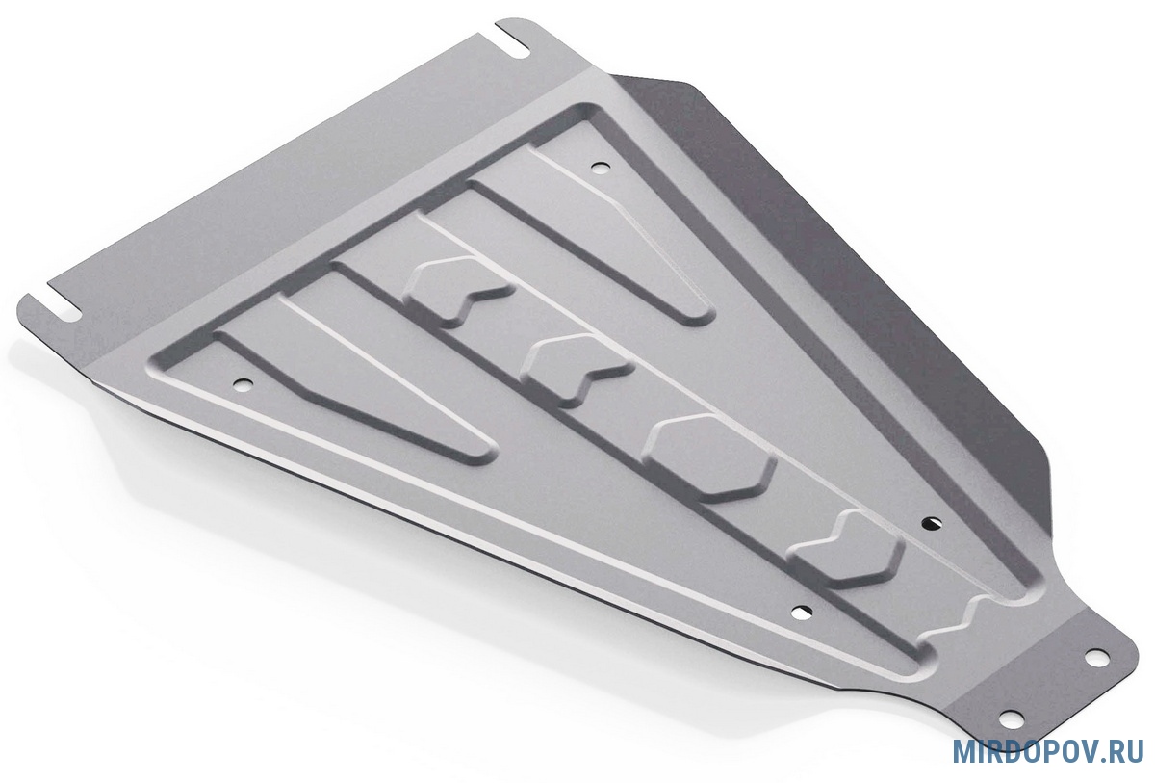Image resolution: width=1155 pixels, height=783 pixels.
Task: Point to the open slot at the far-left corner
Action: [x=53, y=310]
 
